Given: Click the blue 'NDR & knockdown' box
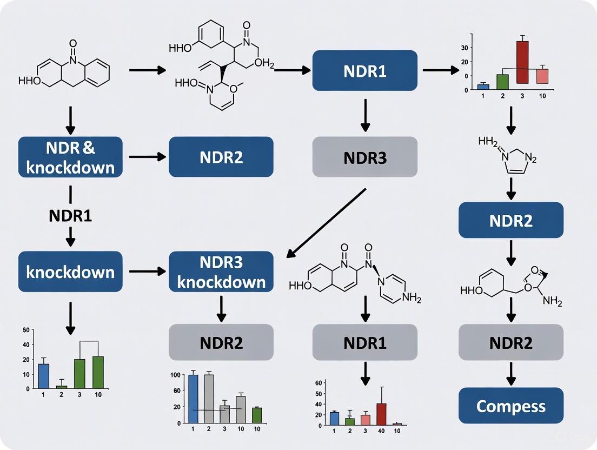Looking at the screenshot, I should [x=70, y=157].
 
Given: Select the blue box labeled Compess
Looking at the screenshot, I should [x=511, y=406].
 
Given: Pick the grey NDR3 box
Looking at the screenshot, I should [x=365, y=157].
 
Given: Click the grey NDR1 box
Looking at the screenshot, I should [x=365, y=343].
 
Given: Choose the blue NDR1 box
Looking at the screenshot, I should [x=365, y=71].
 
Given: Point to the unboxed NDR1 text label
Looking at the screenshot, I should [x=70, y=215].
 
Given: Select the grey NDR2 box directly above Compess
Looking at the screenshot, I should [x=511, y=342].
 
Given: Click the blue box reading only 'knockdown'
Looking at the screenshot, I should [x=70, y=271].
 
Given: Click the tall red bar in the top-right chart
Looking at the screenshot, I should [x=522, y=62].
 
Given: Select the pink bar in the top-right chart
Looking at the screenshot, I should [x=542, y=76].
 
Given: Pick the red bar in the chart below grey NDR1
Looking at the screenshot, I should [x=382, y=413].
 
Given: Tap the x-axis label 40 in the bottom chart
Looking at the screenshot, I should [x=382, y=431].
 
